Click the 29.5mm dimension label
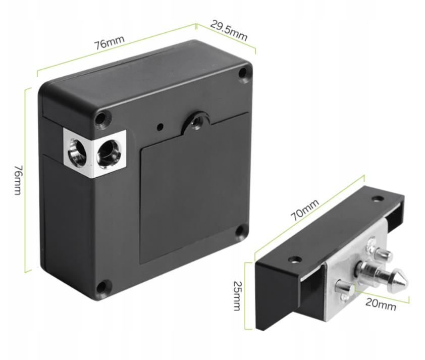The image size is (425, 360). point(229,30)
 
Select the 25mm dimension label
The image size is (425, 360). point(237,295)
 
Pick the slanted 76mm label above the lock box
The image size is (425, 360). point(109,42)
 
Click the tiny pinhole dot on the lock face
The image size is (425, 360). point(161,126)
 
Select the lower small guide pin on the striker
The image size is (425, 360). point(345,287)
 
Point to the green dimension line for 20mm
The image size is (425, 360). point(382,296)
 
